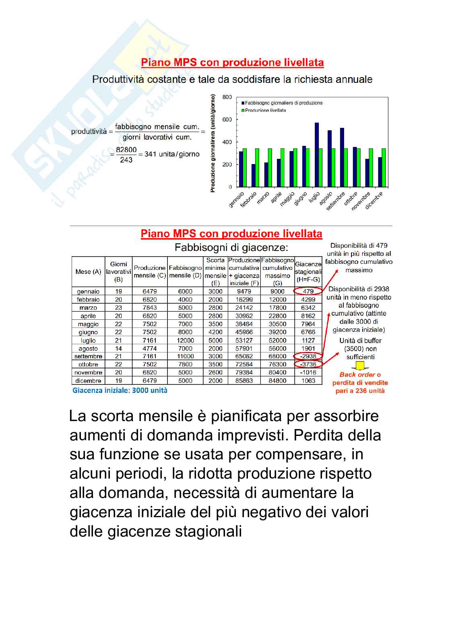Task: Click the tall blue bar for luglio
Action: click(x=317, y=155)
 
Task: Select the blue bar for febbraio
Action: click(x=254, y=175)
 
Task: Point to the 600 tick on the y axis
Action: click(x=227, y=119)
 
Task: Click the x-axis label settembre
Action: click(x=336, y=201)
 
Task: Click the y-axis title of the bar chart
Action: click(x=213, y=143)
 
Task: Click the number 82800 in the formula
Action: click(x=126, y=150)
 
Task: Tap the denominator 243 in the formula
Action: click(x=126, y=160)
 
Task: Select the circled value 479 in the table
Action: click(x=308, y=291)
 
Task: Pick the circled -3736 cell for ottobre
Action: click(x=308, y=364)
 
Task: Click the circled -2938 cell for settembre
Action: click(x=308, y=356)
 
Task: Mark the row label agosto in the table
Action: click(x=88, y=349)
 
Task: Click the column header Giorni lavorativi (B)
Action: click(x=118, y=271)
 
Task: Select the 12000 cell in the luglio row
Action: click(x=185, y=340)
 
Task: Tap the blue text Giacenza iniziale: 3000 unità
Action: click(x=120, y=390)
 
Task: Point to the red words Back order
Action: click(x=357, y=375)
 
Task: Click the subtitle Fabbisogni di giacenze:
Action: click(x=231, y=247)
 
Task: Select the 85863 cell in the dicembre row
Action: click(x=244, y=380)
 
